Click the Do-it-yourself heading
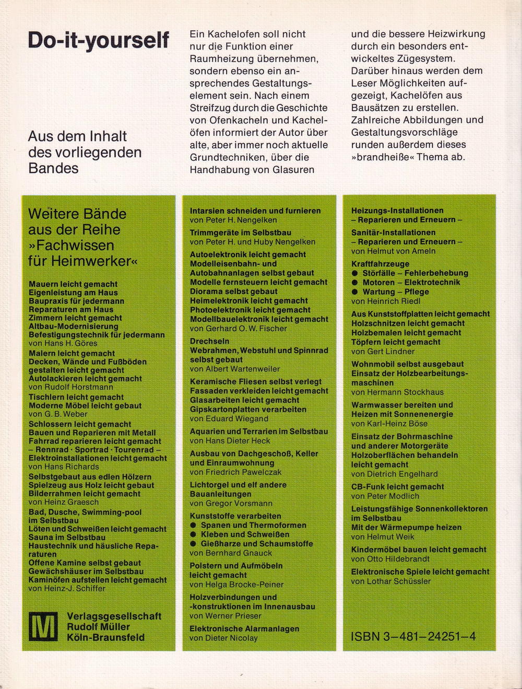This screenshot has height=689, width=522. pyautogui.click(x=99, y=40)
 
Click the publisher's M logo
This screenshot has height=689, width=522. pyautogui.click(x=43, y=625)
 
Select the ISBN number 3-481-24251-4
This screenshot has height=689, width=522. pyautogui.click(x=413, y=636)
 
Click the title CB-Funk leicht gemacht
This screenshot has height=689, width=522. pyautogui.click(x=397, y=487)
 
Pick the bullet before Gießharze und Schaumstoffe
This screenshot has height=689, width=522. pyautogui.click(x=194, y=544)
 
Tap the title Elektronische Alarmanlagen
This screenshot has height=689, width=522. pyautogui.click(x=244, y=629)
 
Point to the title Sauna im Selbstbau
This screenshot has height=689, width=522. pyautogui.click(x=67, y=537)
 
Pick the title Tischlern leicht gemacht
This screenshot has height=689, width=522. pyautogui.click(x=76, y=397)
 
